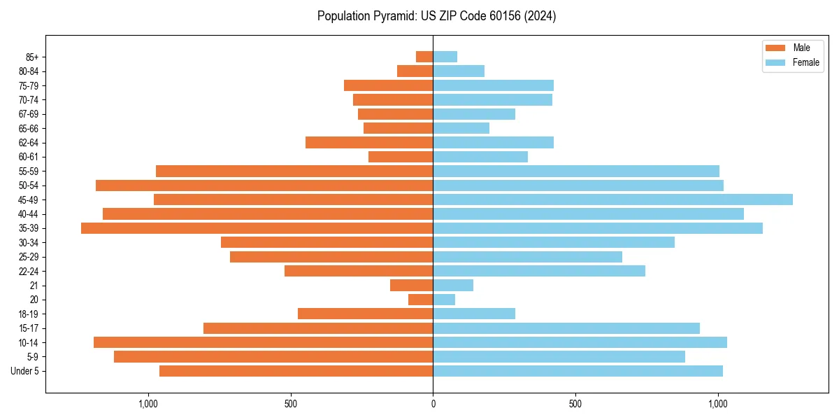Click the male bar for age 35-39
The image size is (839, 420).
coord(257,228)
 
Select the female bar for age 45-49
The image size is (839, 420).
coord(612,199)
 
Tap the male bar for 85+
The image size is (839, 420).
coord(424,57)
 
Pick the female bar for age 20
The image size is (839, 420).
coord(444,300)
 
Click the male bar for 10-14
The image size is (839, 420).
coord(264,342)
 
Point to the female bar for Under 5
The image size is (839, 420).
coord(578,371)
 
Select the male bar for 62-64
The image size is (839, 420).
coord(369,143)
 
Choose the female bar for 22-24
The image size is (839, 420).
coord(539,271)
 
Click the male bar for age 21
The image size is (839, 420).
coord(412,286)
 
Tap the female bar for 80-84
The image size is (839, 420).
coord(459,71)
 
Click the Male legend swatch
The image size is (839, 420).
coord(776,48)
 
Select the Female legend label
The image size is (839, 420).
coord(806,62)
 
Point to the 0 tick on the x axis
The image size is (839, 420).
coord(433,404)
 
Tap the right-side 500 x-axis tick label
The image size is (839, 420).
coord(575,404)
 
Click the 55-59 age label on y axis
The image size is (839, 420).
coord(29,171)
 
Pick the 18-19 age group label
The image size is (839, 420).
coord(29,314)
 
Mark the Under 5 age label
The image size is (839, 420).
coord(25,371)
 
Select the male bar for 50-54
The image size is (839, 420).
coord(264,185)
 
